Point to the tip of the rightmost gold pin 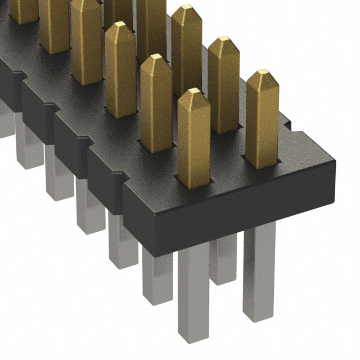coord(262,75)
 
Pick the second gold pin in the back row coord(224,84)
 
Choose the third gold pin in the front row coord(120,70)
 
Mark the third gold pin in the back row coord(187,51)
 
